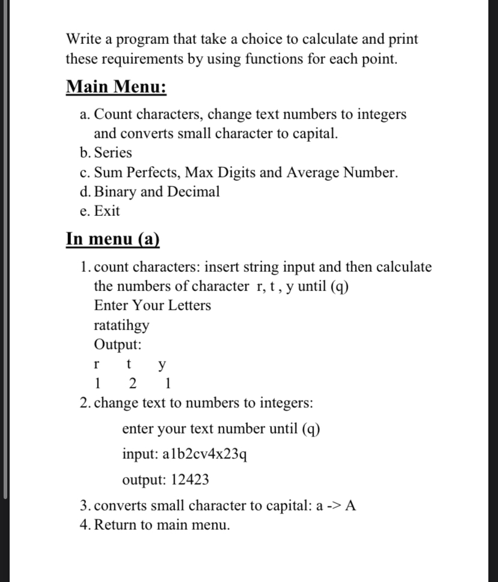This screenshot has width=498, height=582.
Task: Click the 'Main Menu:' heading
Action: [116, 87]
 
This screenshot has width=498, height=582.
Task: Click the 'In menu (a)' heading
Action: [113, 238]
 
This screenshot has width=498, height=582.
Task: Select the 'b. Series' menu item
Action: [106, 153]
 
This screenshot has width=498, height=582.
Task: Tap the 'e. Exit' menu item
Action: [100, 211]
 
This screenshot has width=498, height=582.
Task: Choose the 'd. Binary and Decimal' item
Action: [150, 192]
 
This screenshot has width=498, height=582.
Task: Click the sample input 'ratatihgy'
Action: [122, 325]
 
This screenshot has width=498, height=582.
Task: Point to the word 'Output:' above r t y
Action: [118, 345]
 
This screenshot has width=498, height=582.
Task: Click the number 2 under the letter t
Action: [132, 383]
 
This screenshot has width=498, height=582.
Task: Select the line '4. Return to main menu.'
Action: [155, 525]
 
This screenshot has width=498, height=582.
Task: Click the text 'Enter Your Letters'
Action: [153, 305]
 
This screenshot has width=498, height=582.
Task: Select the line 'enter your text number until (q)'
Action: [221, 429]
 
